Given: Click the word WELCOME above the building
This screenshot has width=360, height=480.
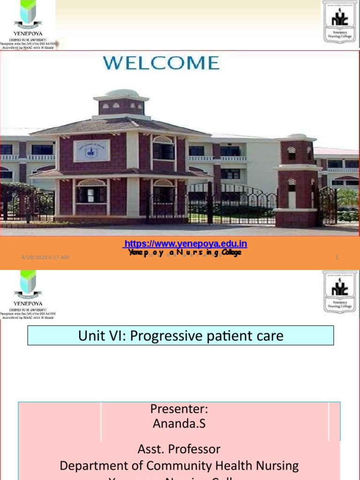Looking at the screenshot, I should [x=161, y=63].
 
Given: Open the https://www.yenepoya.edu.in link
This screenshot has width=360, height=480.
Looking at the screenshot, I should [x=185, y=244].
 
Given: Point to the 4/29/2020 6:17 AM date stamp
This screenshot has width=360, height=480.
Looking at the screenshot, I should [x=45, y=257].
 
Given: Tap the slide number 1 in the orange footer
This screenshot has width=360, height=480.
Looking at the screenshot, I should [x=337, y=257].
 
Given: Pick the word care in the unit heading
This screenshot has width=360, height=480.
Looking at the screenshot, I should [x=269, y=336].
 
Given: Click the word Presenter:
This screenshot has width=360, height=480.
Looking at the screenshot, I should [x=179, y=408].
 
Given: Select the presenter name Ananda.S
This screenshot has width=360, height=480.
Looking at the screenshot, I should [x=179, y=424].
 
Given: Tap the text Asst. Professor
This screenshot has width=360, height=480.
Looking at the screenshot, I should [x=179, y=449].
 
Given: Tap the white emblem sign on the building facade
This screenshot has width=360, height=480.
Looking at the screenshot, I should [x=92, y=150].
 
